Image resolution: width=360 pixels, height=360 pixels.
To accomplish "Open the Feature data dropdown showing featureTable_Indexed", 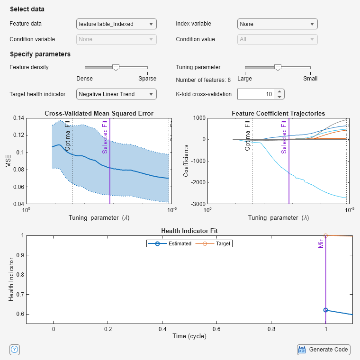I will click(x=116, y=24).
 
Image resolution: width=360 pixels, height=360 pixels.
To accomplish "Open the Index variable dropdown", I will click(x=277, y=24).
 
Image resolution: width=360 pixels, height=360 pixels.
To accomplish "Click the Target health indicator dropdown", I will click(x=116, y=94).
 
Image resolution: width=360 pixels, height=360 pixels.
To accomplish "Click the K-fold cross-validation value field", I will click(x=256, y=94).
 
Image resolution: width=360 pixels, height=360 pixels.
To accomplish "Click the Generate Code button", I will click(x=324, y=350).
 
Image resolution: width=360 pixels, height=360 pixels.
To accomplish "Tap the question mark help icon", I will click(x=14, y=350).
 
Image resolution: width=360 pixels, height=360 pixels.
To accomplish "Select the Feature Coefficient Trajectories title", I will click(x=279, y=113).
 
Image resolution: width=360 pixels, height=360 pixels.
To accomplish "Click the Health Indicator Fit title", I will click(x=189, y=231).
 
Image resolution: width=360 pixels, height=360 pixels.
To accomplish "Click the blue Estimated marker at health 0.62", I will click(x=325, y=310).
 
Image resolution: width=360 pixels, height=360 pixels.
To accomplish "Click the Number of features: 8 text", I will click(x=203, y=80).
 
